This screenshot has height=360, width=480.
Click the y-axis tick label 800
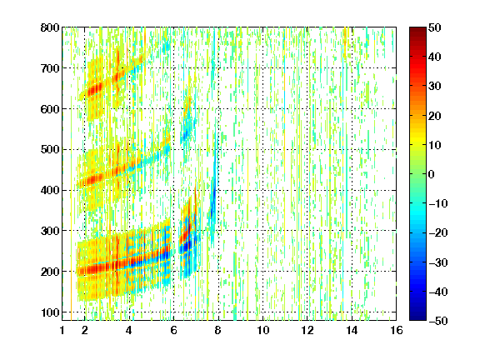pyautogui.click(x=50, y=27)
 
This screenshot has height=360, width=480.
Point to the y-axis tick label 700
pyautogui.click(x=50, y=68)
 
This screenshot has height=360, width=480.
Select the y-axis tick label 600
pyautogui.click(x=50, y=109)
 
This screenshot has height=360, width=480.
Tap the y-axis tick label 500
pyautogui.click(x=50, y=150)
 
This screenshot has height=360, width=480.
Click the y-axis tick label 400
pyautogui.click(x=50, y=190)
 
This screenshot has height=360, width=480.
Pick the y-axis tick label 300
pyautogui.click(x=50, y=231)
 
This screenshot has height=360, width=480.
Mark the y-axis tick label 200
pyautogui.click(x=50, y=272)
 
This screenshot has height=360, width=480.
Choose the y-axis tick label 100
pyautogui.click(x=50, y=312)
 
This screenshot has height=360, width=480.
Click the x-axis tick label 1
pyautogui.click(x=62, y=330)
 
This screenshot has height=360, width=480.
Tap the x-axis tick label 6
pyautogui.click(x=173, y=330)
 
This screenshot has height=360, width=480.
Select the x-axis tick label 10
pyautogui.click(x=262, y=330)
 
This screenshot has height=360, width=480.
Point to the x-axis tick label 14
pyautogui.click(x=352, y=330)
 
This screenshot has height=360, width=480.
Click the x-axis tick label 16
pyautogui.click(x=397, y=330)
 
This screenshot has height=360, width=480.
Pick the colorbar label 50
pyautogui.click(x=435, y=27)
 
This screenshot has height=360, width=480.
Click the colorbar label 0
pyautogui.click(x=432, y=174)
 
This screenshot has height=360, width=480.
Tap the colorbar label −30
pyautogui.click(x=438, y=262)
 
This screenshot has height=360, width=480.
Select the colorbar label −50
pyautogui.click(x=438, y=321)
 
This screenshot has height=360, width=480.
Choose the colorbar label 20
pyautogui.click(x=435, y=116)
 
